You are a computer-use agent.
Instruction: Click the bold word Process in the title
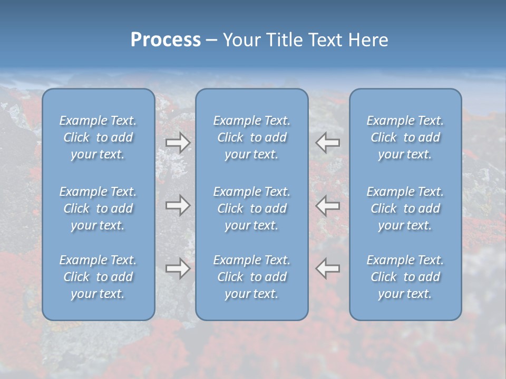166,40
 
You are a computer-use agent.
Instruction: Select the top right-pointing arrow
178,143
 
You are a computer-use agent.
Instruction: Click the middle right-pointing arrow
178,205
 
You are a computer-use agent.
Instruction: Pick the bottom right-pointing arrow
178,268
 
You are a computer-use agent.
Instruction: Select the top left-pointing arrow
328,143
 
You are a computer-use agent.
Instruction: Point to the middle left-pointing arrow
328,205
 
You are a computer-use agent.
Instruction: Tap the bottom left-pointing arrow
328,268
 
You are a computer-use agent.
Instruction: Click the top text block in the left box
98,137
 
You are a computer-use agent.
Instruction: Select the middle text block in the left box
98,208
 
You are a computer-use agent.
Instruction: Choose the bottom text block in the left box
98,277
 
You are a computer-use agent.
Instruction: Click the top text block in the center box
252,137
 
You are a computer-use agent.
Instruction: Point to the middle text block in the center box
252,208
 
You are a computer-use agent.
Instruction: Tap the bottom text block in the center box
252,277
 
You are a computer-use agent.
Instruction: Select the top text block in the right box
405,137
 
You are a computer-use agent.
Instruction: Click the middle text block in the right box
405,208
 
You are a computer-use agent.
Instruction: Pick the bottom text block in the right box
405,277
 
